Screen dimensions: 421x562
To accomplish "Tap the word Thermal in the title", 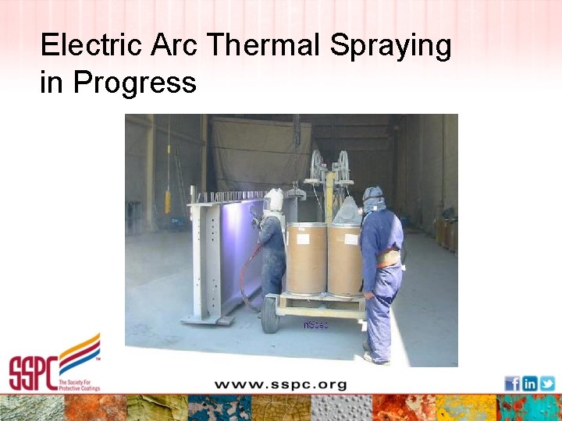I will pyautogui.click(x=265, y=46).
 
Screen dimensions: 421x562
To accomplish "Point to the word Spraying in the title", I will pyautogui.click(x=390, y=48).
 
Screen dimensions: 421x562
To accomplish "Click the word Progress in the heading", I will pyautogui.click(x=135, y=82).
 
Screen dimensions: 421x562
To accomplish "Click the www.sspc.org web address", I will pyautogui.click(x=280, y=384).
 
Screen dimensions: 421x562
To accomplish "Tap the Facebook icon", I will pyautogui.click(x=512, y=383).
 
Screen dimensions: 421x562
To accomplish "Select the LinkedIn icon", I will pyautogui.click(x=530, y=383).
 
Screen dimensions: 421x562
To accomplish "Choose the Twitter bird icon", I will pyautogui.click(x=547, y=383).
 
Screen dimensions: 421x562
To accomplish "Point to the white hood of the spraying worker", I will pyautogui.click(x=273, y=200).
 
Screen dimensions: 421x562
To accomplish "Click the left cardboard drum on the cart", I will pyautogui.click(x=307, y=258).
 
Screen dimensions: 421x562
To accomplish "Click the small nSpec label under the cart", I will pyautogui.click(x=315, y=324).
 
